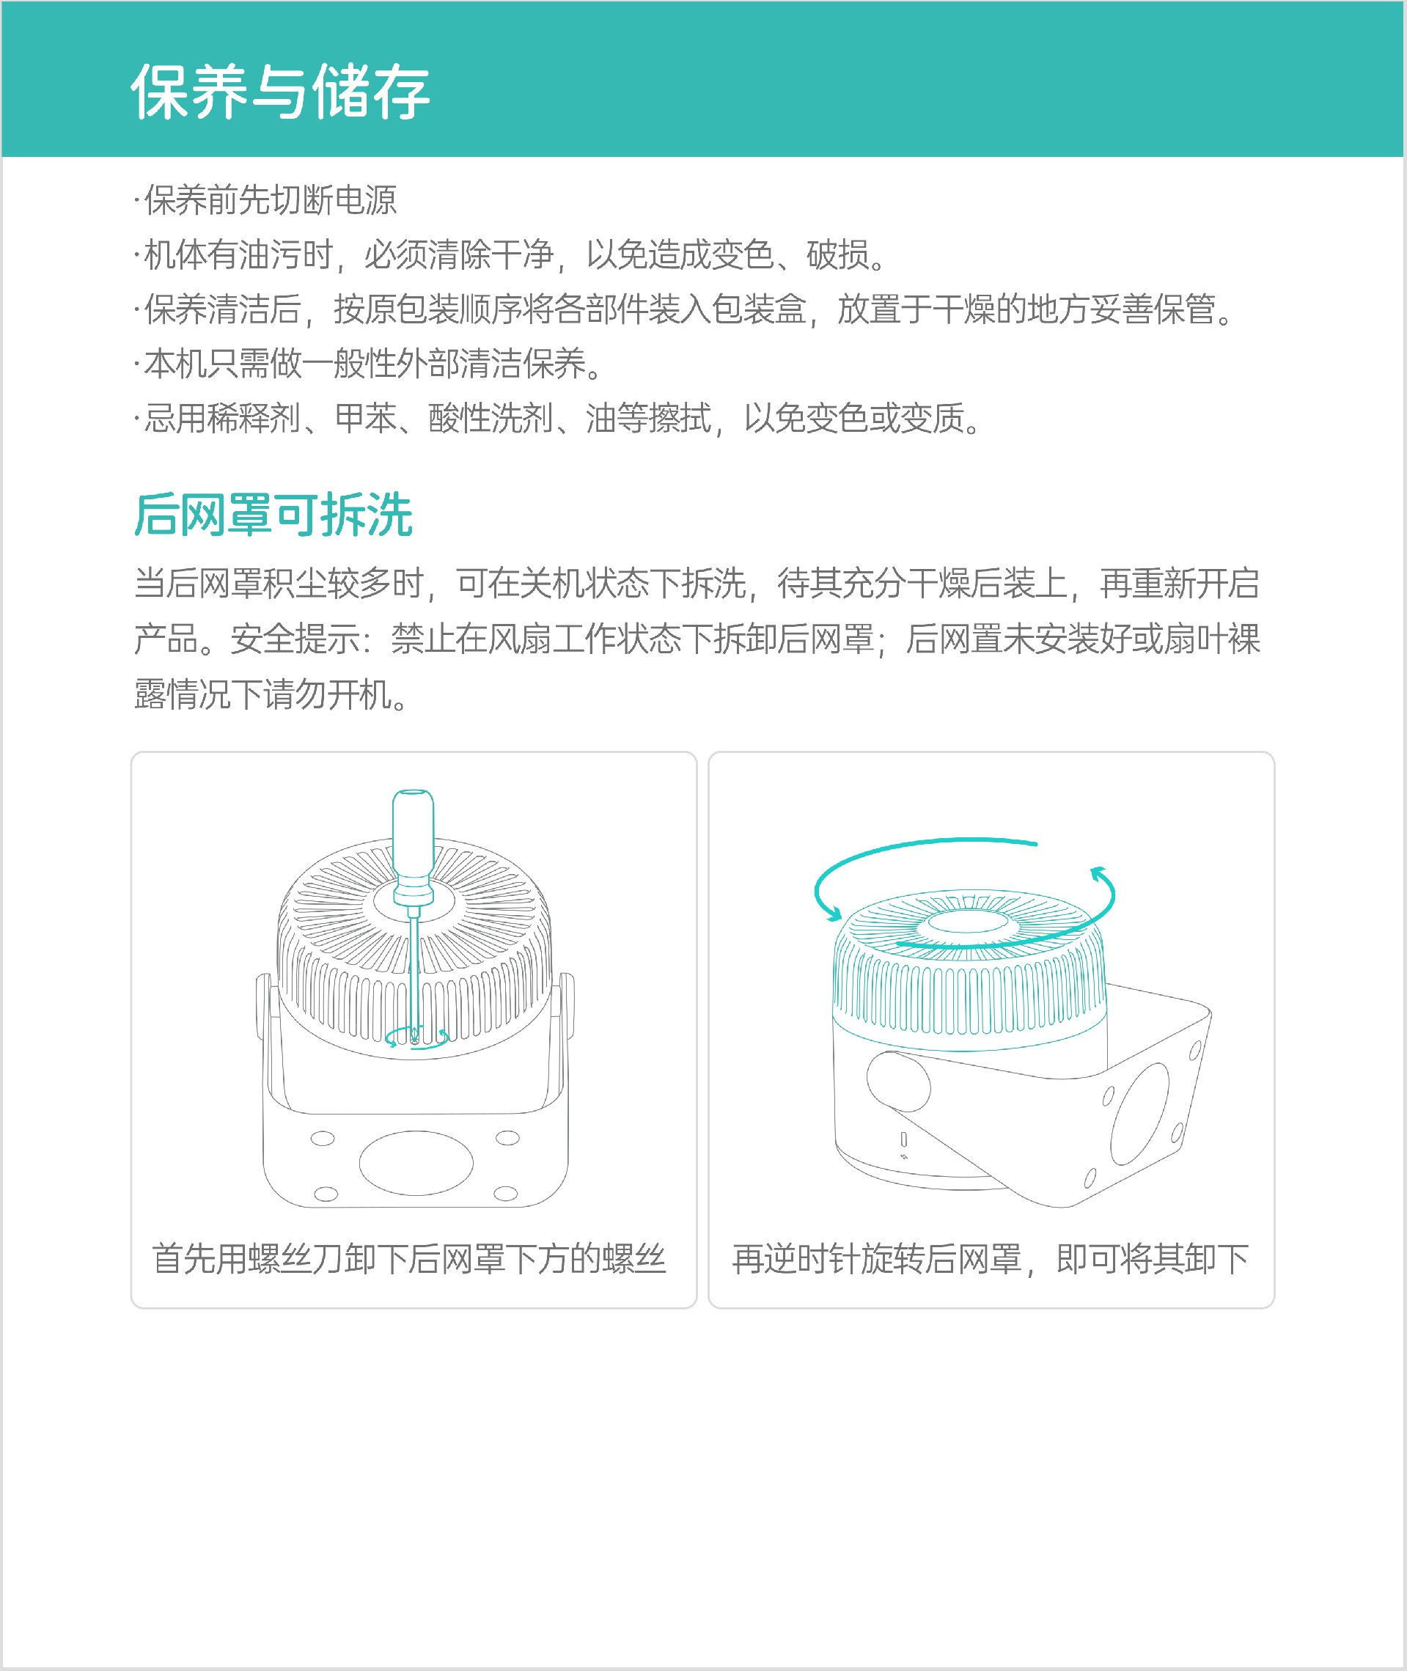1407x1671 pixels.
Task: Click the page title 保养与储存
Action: tap(280, 92)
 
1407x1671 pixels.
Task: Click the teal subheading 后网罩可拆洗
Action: tap(273, 515)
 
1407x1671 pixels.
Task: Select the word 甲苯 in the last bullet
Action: tap(365, 418)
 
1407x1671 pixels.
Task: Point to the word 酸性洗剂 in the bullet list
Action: tap(491, 418)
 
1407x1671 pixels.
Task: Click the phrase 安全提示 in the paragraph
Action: tap(295, 639)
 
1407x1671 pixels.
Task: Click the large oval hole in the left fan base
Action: tap(416, 1163)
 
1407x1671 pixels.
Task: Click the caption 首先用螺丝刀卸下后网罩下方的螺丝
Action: tap(408, 1259)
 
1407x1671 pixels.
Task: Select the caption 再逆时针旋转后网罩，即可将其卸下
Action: tap(991, 1259)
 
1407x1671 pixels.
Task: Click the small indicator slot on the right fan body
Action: tap(904, 1138)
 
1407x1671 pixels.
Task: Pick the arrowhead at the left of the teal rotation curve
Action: tap(833, 912)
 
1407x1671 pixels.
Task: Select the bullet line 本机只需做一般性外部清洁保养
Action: tap(372, 364)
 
